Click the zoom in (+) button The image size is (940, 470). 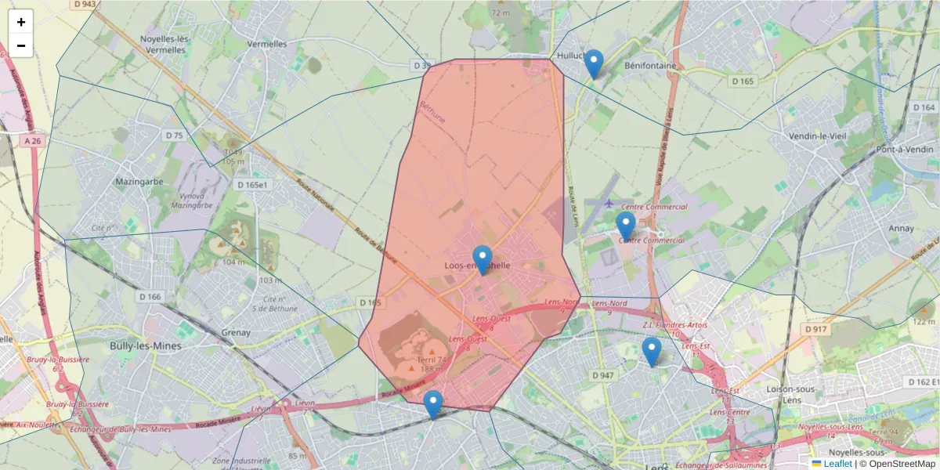[21, 22]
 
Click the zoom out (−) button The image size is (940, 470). [21, 45]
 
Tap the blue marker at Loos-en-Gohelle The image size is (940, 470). [483, 259]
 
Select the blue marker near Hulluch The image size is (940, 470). [594, 63]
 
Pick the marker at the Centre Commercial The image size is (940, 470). [625, 226]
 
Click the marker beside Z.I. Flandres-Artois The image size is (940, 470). [651, 351]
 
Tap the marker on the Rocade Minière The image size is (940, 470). [432, 404]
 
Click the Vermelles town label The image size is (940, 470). [266, 45]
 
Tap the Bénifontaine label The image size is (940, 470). [649, 66]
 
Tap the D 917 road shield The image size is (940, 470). [815, 329]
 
